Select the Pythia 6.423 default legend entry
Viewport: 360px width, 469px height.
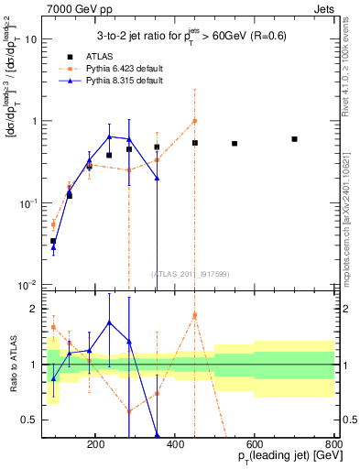pos(123,69)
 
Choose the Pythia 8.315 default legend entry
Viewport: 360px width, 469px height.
pos(123,81)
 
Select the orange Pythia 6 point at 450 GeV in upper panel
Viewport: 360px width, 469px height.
pos(194,121)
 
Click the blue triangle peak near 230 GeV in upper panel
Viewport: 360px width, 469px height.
pos(109,137)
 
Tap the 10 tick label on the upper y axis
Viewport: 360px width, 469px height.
pos(29,39)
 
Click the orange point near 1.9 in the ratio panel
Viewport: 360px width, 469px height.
pos(194,315)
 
